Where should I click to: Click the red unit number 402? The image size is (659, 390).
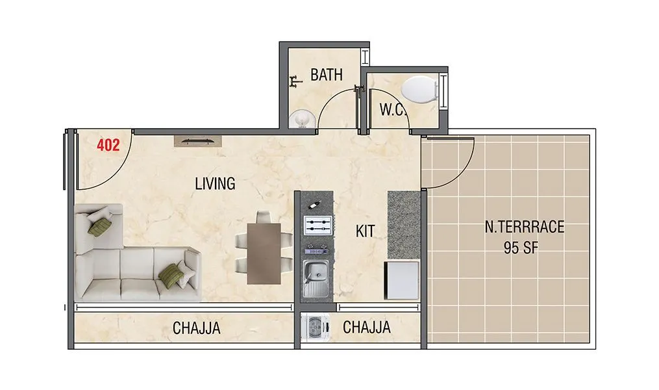pyautogui.click(x=108, y=146)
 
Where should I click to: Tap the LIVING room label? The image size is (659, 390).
pyautogui.click(x=215, y=184)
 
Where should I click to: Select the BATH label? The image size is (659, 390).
pyautogui.click(x=326, y=75)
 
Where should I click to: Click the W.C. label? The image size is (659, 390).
pyautogui.click(x=392, y=110)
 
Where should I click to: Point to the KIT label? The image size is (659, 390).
pyautogui.click(x=365, y=231)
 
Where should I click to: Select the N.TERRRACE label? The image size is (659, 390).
pyautogui.click(x=524, y=227)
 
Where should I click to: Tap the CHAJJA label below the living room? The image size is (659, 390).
pyautogui.click(x=196, y=328)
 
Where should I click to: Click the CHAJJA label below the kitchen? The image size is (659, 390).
pyautogui.click(x=367, y=328)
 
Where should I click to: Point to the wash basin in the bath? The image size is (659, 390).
pyautogui.click(x=301, y=120)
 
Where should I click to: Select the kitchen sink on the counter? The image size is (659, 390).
pyautogui.click(x=317, y=274)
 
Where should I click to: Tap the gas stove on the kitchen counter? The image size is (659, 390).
pyautogui.click(x=317, y=226)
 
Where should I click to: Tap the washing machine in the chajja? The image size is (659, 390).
pyautogui.click(x=314, y=328)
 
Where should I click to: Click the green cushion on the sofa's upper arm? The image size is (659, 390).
pyautogui.click(x=101, y=226)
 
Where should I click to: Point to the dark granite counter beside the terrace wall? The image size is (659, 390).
pyautogui.click(x=403, y=224)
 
